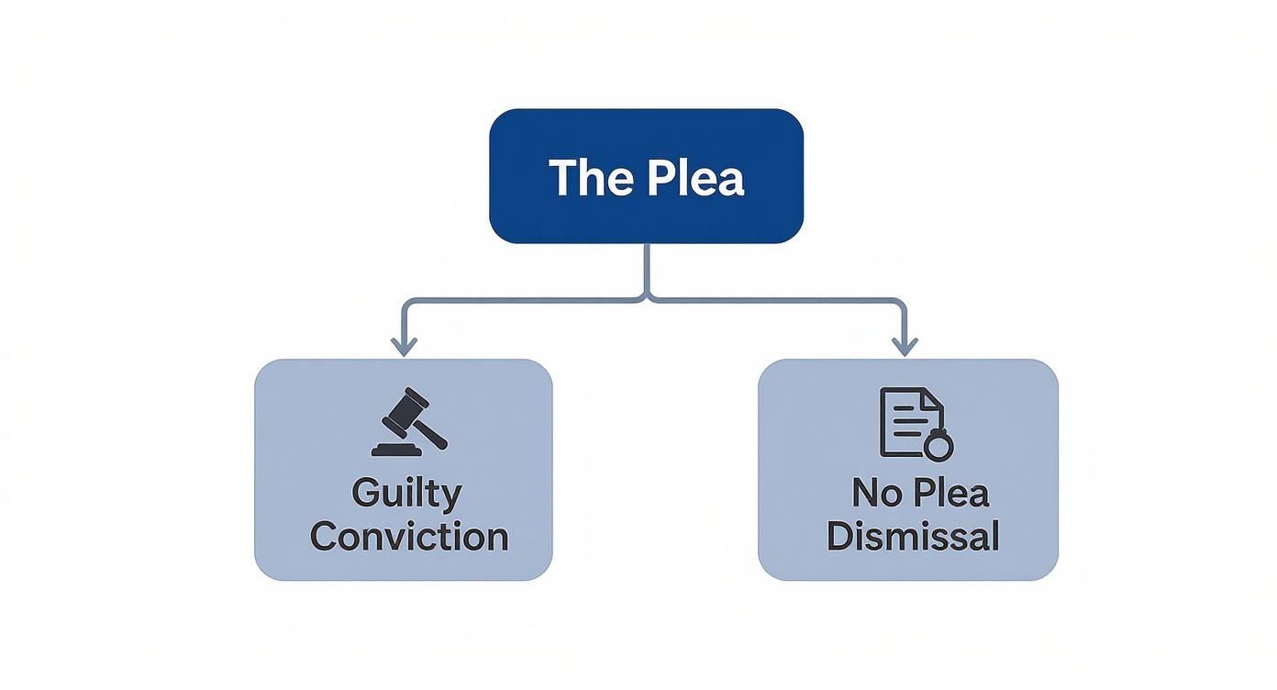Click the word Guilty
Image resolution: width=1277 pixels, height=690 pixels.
(406, 493)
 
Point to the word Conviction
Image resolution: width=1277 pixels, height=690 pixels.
(409, 536)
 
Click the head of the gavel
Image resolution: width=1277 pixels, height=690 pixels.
(405, 409)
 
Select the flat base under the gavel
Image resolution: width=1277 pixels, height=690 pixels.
(395, 450)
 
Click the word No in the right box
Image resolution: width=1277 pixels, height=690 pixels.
(872, 493)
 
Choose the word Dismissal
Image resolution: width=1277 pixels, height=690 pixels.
(913, 536)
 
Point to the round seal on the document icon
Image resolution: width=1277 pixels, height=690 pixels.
(938, 447)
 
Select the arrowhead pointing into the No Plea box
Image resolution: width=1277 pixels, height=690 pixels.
(905, 347)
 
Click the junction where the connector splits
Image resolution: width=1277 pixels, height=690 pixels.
(647, 298)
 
